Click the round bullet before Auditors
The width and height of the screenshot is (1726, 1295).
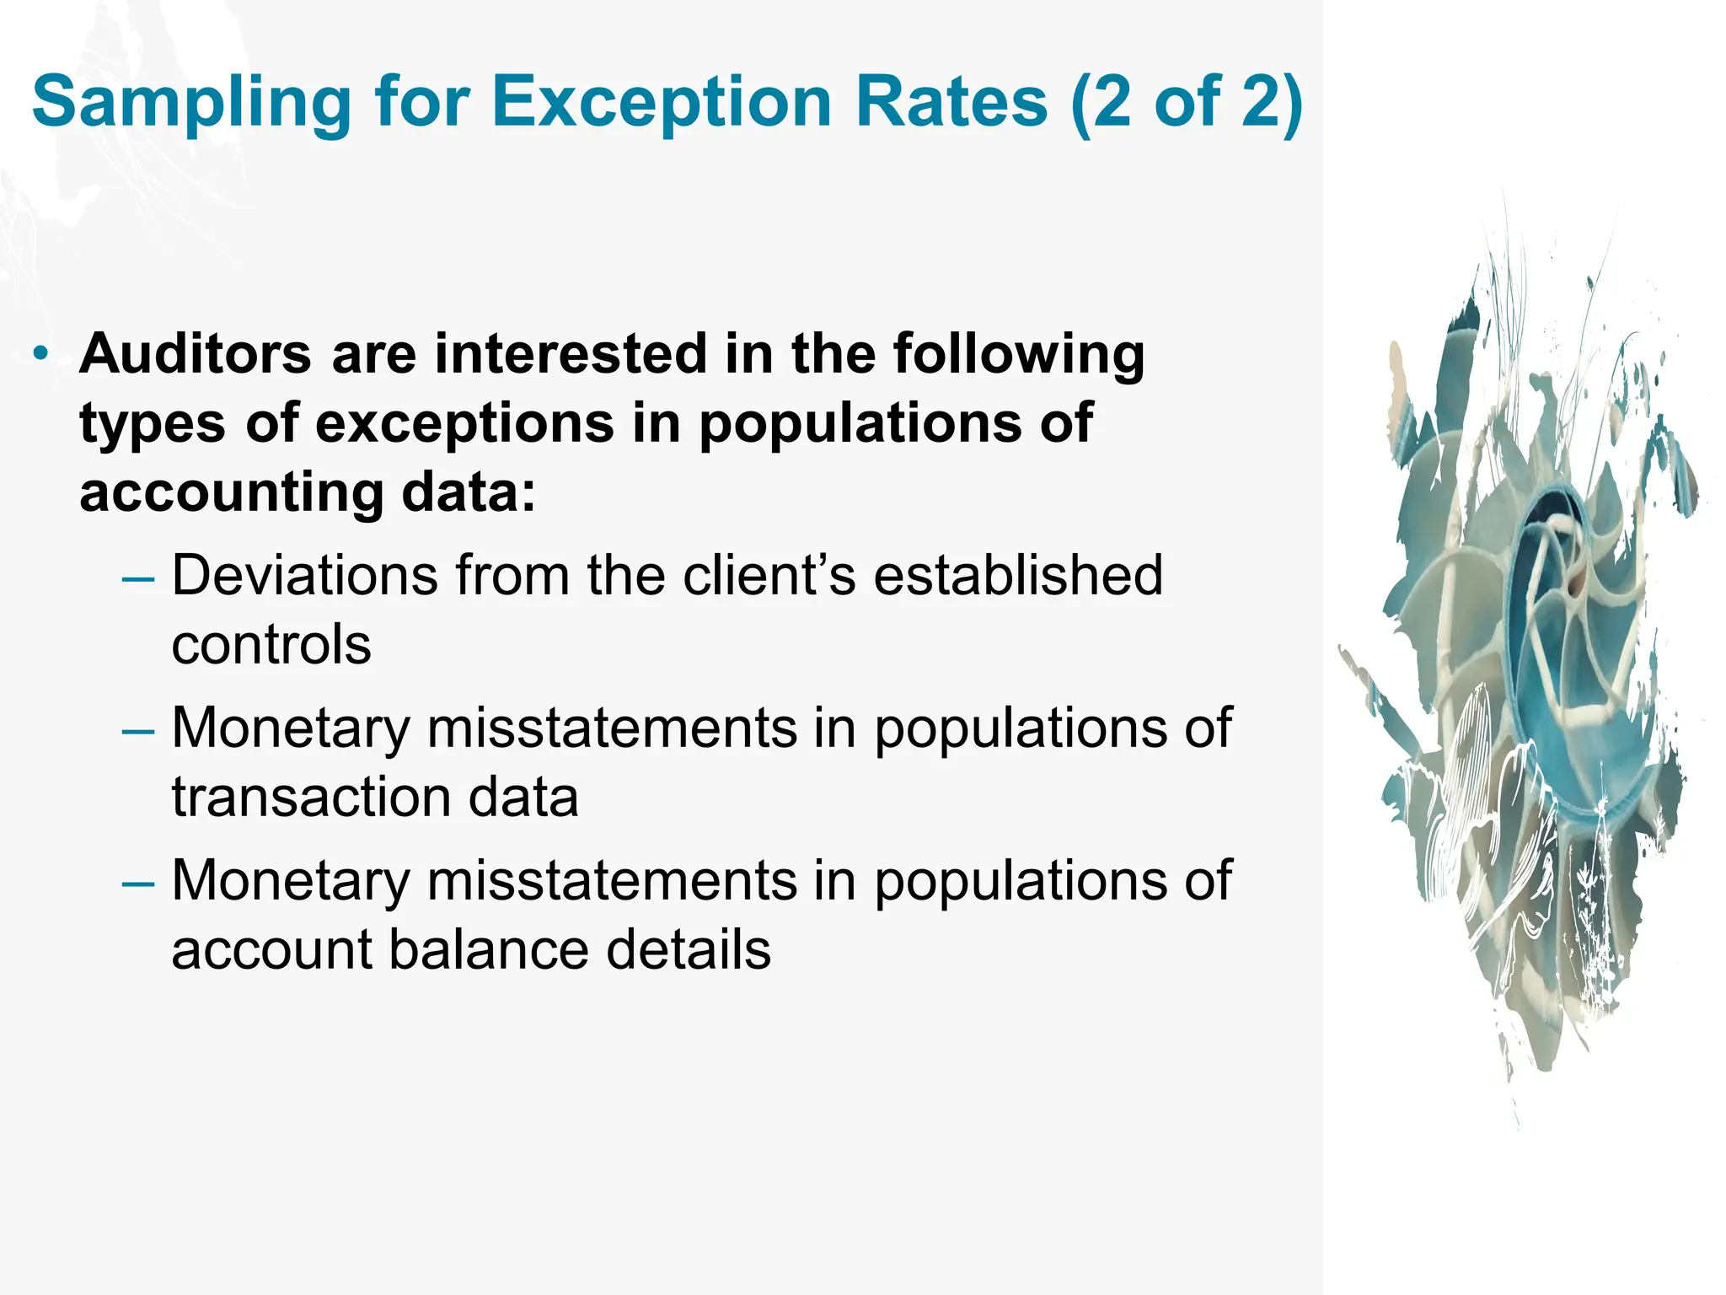pyautogui.click(x=41, y=354)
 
